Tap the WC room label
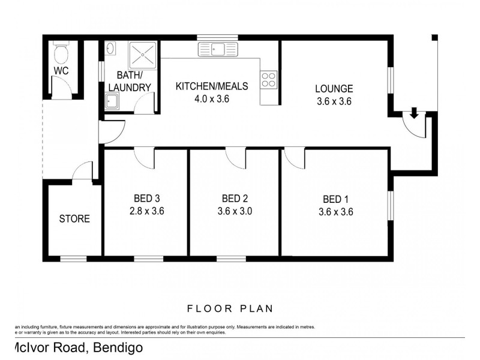[61, 71]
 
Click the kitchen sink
[218, 49]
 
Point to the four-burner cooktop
[268, 79]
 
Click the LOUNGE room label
[334, 89]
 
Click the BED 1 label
[335, 199]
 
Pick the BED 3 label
[146, 199]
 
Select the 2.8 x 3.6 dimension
[146, 211]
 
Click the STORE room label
[74, 219]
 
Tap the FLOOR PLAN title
[230, 309]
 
